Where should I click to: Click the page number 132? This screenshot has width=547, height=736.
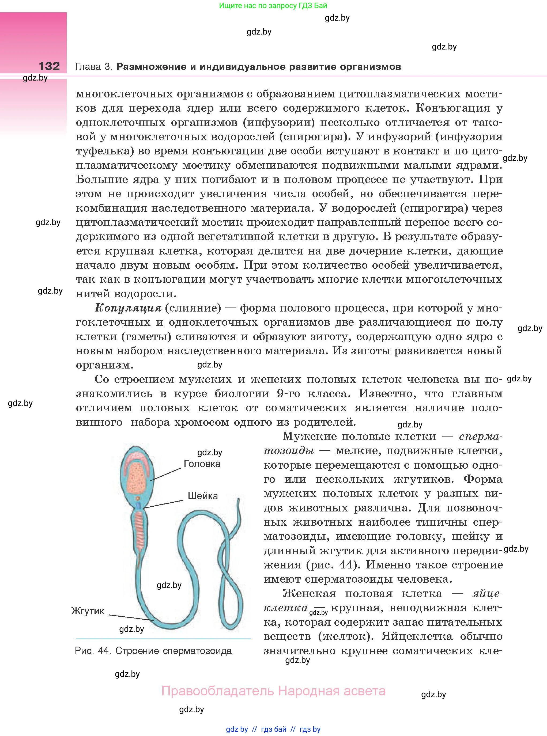pyautogui.click(x=49, y=66)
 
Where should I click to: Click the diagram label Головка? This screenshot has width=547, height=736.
pyautogui.click(x=202, y=464)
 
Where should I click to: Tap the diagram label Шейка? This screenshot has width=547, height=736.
pyautogui.click(x=203, y=496)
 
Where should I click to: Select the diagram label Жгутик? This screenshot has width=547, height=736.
pyautogui.click(x=88, y=611)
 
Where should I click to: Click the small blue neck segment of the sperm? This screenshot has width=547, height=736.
pyautogui.click(x=138, y=505)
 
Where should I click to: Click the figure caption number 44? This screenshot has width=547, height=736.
pyautogui.click(x=104, y=651)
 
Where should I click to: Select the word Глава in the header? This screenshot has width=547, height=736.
pyautogui.click(x=88, y=67)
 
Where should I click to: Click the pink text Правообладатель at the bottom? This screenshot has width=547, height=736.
pyautogui.click(x=218, y=691)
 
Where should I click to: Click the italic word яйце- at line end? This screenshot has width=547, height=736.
pyautogui.click(x=487, y=594)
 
